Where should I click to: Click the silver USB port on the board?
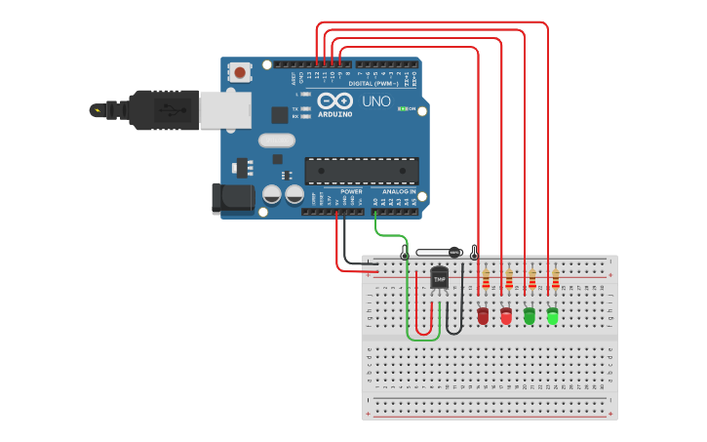click(x=224, y=110)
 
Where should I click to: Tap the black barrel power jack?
click(x=232, y=199)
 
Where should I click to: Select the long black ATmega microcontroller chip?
click(x=362, y=172)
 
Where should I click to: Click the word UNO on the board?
click(x=376, y=101)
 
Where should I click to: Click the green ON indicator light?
click(x=402, y=108)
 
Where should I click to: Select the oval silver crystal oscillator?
click(x=276, y=140)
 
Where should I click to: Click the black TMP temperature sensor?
click(x=439, y=278)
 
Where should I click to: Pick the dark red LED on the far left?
click(x=483, y=315)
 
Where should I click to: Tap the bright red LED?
click(x=506, y=315)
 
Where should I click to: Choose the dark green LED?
click(x=530, y=315)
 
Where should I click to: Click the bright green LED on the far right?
click(x=553, y=315)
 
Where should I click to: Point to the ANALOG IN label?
click(x=398, y=192)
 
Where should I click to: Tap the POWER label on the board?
click(x=351, y=192)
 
